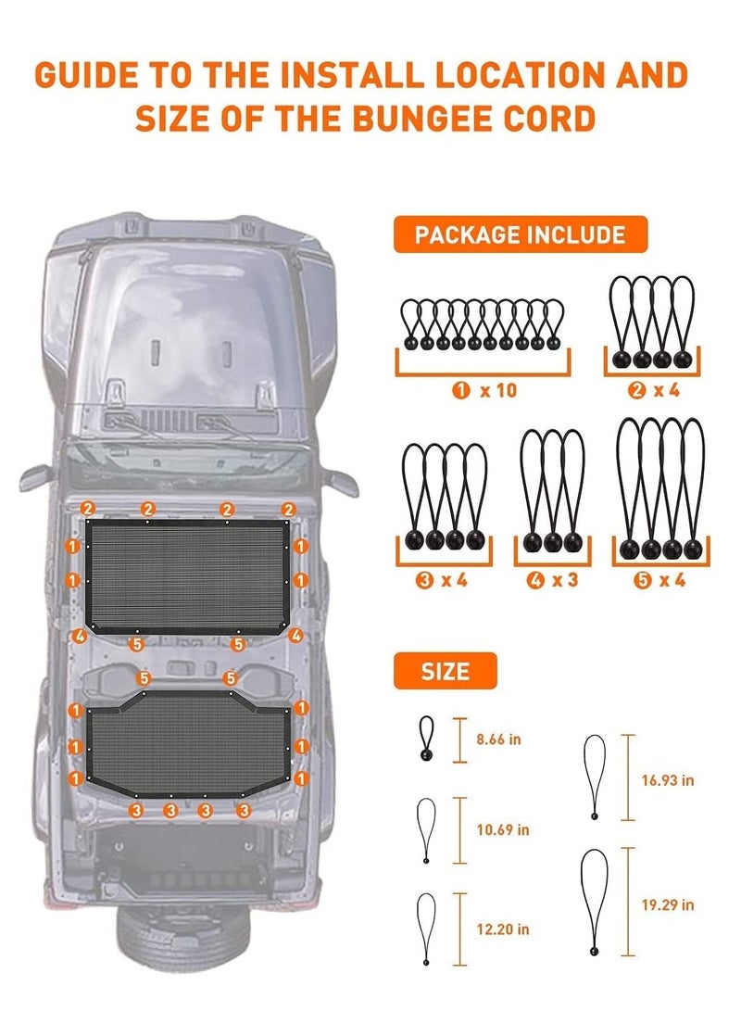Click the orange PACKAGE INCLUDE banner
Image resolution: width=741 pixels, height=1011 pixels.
click(520, 234)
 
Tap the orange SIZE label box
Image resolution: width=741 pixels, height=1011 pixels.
click(446, 671)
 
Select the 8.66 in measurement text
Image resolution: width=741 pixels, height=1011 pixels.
click(498, 739)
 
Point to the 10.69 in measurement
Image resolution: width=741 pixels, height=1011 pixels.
click(503, 829)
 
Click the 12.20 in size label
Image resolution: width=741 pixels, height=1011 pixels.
click(503, 929)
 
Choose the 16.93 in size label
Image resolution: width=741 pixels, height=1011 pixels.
click(668, 780)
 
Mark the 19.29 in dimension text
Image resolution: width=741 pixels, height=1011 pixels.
click(668, 904)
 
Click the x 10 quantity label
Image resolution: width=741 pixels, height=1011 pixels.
click(484, 390)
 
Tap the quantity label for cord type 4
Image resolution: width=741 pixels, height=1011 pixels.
click(551, 580)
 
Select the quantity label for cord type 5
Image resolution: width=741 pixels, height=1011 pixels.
click(659, 580)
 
